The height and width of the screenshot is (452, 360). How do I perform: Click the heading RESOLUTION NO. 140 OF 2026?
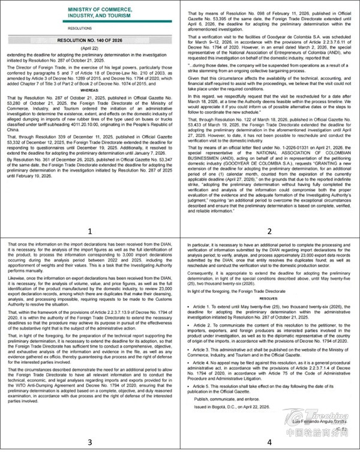(x=90, y=38)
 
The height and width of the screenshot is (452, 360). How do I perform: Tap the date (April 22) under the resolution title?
(x=90, y=45)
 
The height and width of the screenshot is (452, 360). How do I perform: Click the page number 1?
(x=90, y=213)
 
